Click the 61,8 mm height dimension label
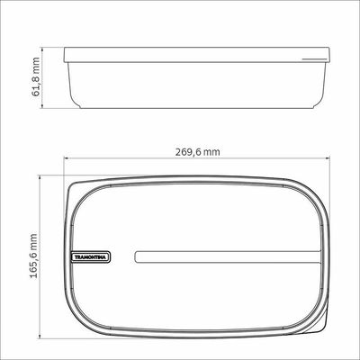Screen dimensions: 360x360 [x=36, y=76]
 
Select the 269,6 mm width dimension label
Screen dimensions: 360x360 [x=198, y=152]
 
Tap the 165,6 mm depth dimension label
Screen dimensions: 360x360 [x=33, y=256]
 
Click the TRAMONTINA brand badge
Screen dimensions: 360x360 [x=91, y=257]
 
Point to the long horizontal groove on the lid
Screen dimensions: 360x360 [x=228, y=257]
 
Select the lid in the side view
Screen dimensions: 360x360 [x=197, y=55]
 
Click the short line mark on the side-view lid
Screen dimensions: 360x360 [x=314, y=59]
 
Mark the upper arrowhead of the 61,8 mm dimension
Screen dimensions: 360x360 [x=42, y=49]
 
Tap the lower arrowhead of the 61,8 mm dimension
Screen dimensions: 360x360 [x=42, y=105]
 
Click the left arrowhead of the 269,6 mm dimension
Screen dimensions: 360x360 [x=67, y=159]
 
